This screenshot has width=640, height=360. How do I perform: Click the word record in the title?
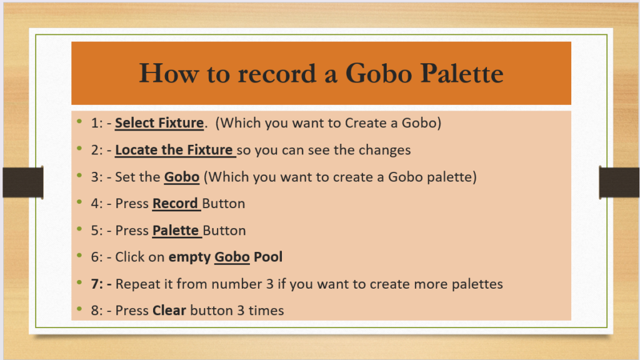[x=277, y=74]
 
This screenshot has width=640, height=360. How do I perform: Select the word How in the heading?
[x=169, y=74]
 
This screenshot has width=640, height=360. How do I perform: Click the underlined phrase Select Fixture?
[x=159, y=123]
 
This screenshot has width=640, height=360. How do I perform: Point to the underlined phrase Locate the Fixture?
[x=174, y=150]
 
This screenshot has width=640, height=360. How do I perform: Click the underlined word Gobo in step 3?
[x=182, y=177]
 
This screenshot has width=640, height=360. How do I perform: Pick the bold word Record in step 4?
[x=175, y=203]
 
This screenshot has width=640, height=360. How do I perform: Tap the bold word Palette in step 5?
[x=176, y=230]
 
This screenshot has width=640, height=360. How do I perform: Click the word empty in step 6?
[x=189, y=257]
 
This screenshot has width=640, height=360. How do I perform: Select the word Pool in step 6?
[x=268, y=257]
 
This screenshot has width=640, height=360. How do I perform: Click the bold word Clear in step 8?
[x=169, y=310]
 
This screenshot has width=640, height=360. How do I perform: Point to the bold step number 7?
[x=97, y=284]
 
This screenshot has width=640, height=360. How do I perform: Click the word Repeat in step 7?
[x=138, y=284]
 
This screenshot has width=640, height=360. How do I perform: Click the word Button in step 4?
[x=224, y=203]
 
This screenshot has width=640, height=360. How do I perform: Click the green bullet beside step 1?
[x=79, y=121]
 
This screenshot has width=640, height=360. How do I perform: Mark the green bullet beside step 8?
[x=79, y=309]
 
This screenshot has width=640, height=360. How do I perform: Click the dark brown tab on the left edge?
[x=23, y=182]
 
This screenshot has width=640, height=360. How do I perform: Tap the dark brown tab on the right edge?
[x=619, y=182]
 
